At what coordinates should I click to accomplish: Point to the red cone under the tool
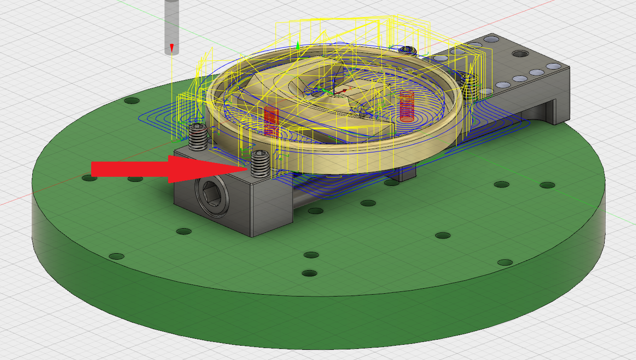click(x=171, y=47)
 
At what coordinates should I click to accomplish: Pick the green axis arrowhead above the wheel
click(x=298, y=45)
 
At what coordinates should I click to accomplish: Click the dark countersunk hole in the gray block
click(x=520, y=54)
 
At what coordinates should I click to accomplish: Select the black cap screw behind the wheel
click(x=407, y=50)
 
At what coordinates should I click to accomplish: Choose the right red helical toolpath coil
click(x=406, y=106)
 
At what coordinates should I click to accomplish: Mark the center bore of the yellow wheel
click(x=343, y=91)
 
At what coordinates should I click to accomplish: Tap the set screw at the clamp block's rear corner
click(x=198, y=137)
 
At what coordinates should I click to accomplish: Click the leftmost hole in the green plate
click(x=90, y=177)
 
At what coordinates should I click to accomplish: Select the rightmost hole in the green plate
click(x=547, y=186)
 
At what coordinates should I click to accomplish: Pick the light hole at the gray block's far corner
click(x=491, y=39)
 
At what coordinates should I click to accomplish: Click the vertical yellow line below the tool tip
click(x=171, y=92)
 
